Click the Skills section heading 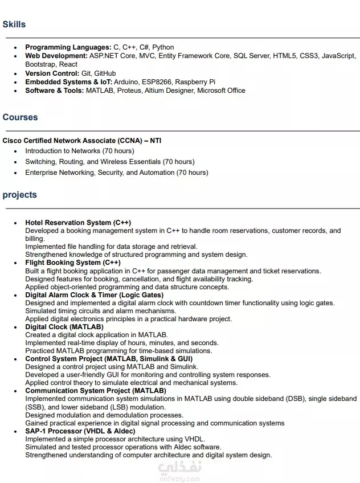pyautogui.click(x=14, y=24)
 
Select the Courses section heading pyautogui.click(x=20, y=117)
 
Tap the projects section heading pyautogui.click(x=19, y=195)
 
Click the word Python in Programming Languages pyautogui.click(x=163, y=47)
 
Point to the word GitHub pyautogui.click(x=105, y=73)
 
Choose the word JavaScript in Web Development pyautogui.click(x=338, y=56)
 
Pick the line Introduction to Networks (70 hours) pyautogui.click(x=80, y=151)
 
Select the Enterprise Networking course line pyautogui.click(x=117, y=173)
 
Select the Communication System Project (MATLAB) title pyautogui.click(x=96, y=391)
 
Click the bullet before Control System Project pyautogui.click(x=15, y=359)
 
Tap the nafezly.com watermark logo pyautogui.click(x=180, y=470)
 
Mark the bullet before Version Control pyautogui.click(x=15, y=73)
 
